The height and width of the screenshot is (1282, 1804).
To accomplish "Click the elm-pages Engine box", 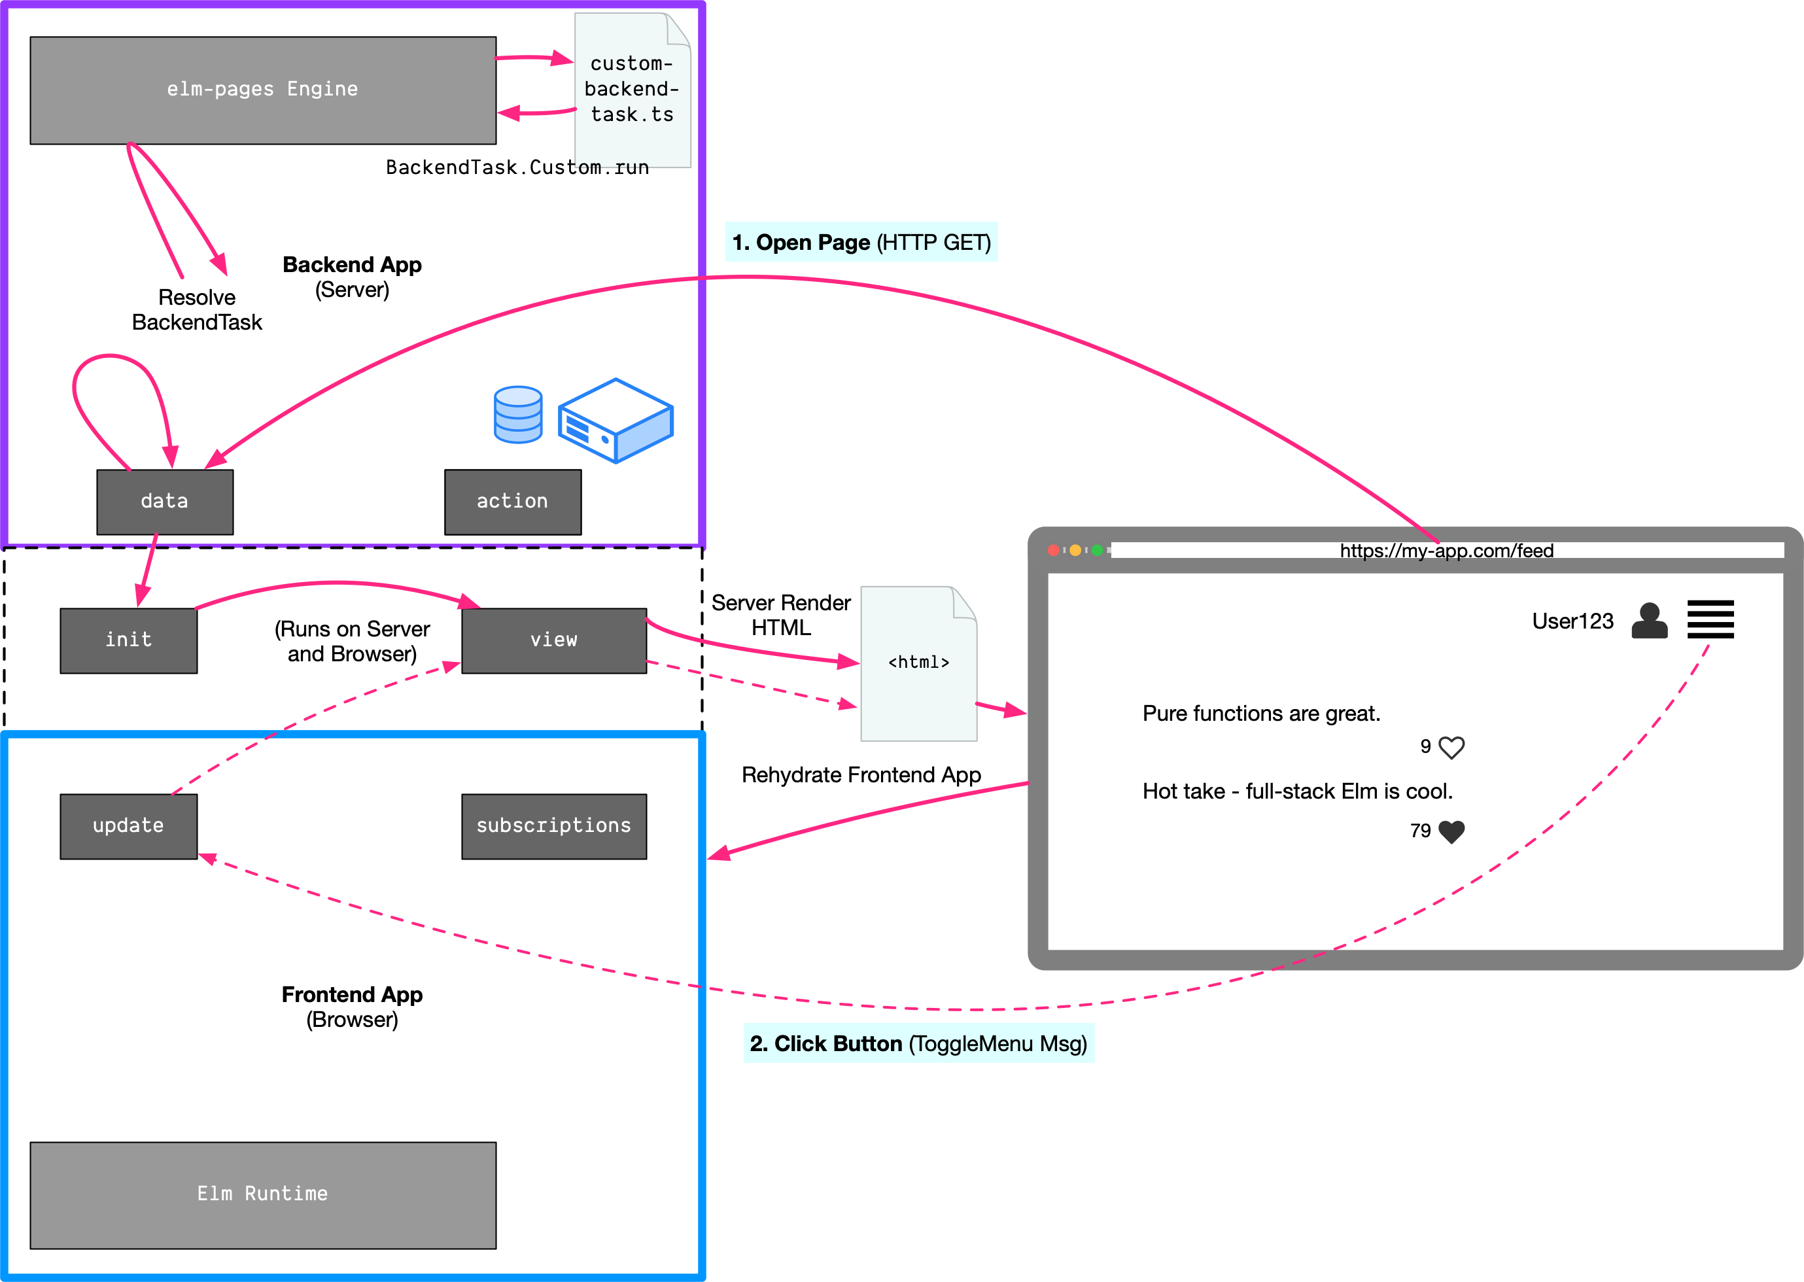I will coord(263,90).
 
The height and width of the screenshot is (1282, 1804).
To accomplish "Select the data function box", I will coord(165,502).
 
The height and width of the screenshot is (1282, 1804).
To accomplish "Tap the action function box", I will coord(512,502).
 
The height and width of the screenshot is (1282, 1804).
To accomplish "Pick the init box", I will coord(129,640).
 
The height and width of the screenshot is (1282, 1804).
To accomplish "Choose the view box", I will coord(553,640).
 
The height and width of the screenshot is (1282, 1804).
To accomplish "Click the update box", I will coord(129,825).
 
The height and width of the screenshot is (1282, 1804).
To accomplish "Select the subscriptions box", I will coord(553,825).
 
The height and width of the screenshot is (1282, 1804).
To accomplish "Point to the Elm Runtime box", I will coord(263,1194).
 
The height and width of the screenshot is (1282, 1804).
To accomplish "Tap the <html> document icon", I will coord(918,663).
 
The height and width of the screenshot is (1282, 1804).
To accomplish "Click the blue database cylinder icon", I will coord(518,415).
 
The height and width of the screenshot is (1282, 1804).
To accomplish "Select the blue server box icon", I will coord(616,420).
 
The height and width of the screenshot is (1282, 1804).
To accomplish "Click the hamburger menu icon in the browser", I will coord(1710,619).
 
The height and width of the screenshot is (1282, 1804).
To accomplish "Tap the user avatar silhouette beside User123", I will coord(1649,621).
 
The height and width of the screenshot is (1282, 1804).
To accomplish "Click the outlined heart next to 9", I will coord(1451,747).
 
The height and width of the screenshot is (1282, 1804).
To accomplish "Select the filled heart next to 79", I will coord(1451,831).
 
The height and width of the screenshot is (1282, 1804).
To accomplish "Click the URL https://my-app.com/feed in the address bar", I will coord(1446,550).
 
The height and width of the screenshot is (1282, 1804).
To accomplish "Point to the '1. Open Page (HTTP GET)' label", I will coord(861,243).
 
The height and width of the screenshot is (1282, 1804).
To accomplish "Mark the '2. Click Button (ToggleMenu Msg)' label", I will coord(918,1044).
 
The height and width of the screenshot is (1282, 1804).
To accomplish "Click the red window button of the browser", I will coord(1053,550).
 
